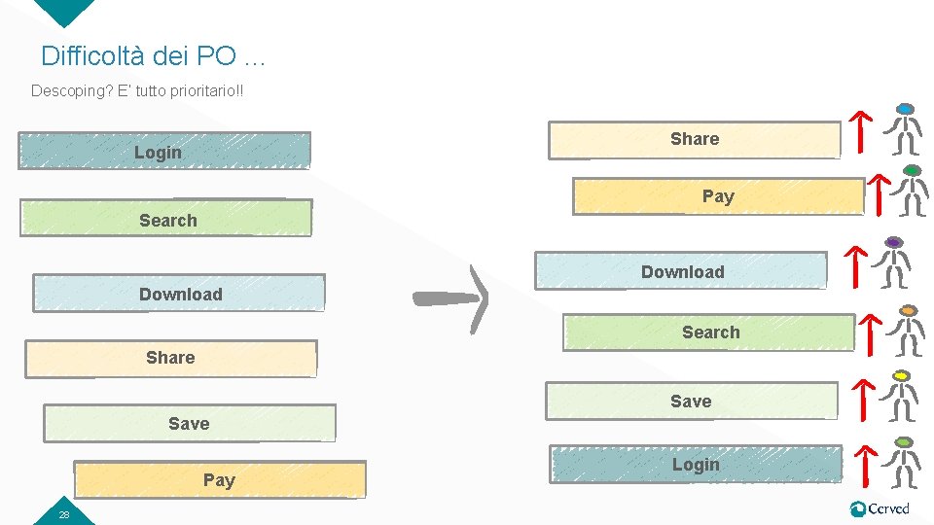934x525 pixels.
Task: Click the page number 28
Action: (63, 514)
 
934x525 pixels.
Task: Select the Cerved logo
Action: (880, 508)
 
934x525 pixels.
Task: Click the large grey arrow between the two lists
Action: (451, 298)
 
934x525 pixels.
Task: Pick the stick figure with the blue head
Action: (906, 128)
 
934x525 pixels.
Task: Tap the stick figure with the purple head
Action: (893, 262)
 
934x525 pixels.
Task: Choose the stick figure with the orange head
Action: (908, 331)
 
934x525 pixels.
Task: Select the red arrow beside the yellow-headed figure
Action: (860, 399)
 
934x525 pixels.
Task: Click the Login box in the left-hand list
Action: (164, 152)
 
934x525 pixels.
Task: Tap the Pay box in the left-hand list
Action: (221, 479)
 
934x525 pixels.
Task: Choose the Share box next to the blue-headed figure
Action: (694, 140)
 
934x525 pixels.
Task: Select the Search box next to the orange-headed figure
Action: (709, 332)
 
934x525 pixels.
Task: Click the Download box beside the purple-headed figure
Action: (681, 271)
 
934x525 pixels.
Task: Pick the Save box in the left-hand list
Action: (189, 423)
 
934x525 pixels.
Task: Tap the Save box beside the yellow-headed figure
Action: (691, 401)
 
